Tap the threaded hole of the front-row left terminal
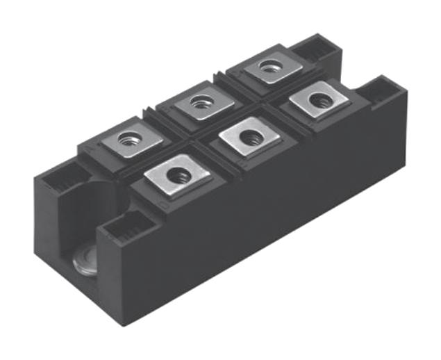178,176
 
